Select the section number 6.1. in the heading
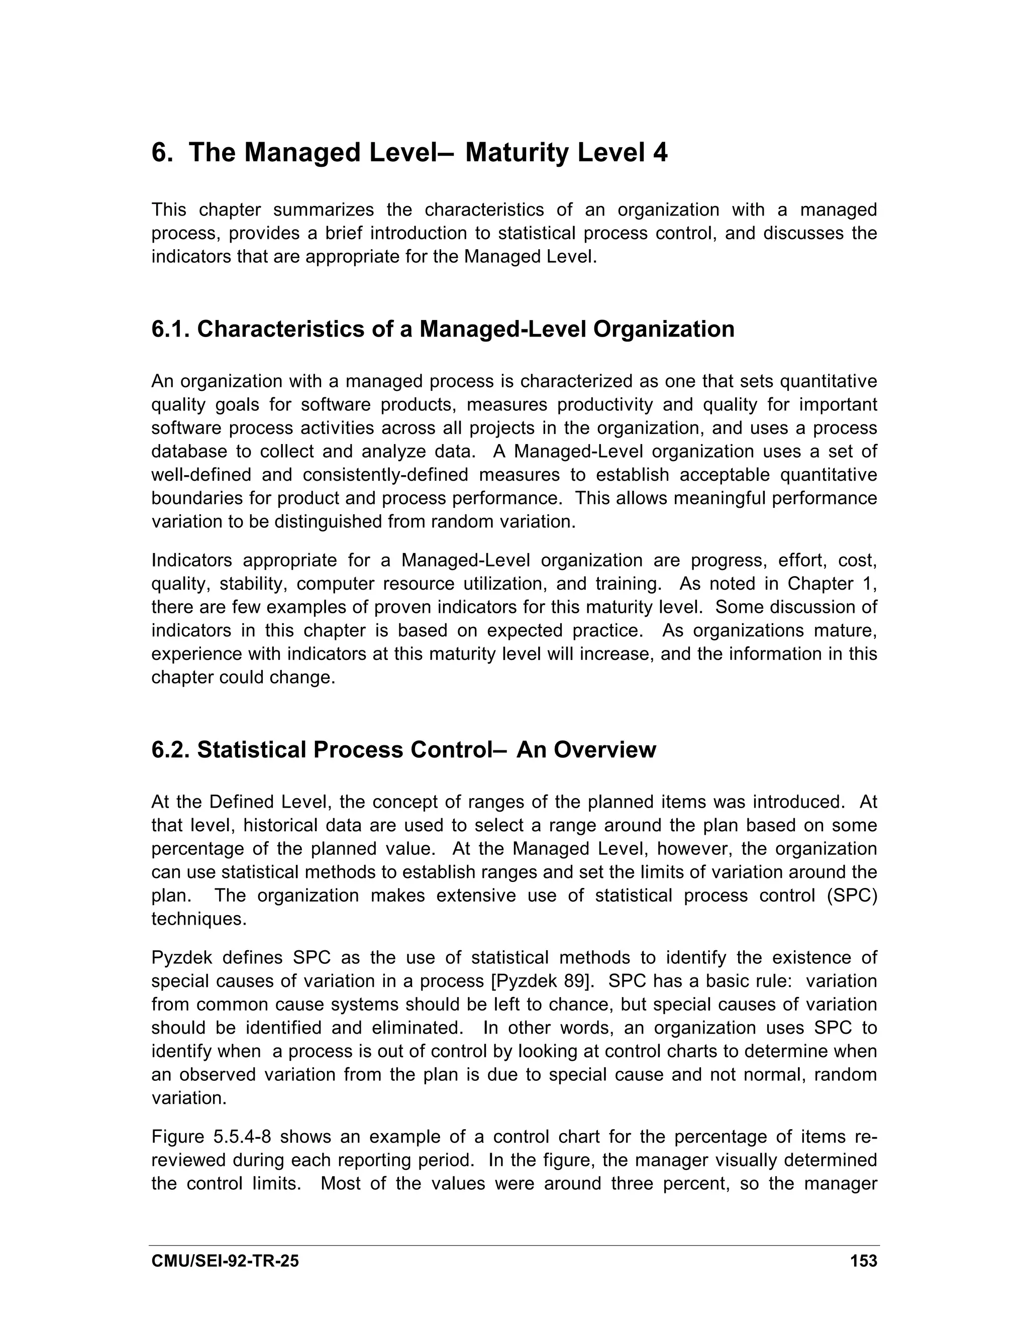pyautogui.click(x=171, y=329)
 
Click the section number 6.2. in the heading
pyautogui.click(x=171, y=749)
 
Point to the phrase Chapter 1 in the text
pyautogui.click(x=830, y=584)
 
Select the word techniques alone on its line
pyautogui.click(x=199, y=919)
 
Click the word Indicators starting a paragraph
pyautogui.click(x=191, y=560)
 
